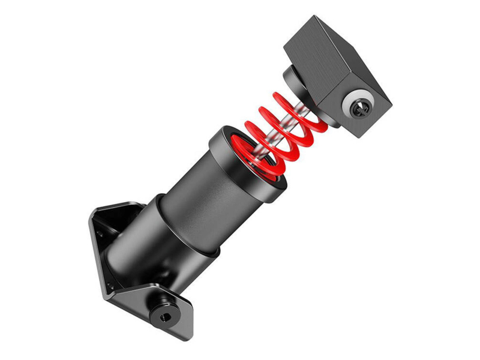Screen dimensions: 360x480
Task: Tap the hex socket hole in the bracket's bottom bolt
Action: pyautogui.click(x=166, y=314)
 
